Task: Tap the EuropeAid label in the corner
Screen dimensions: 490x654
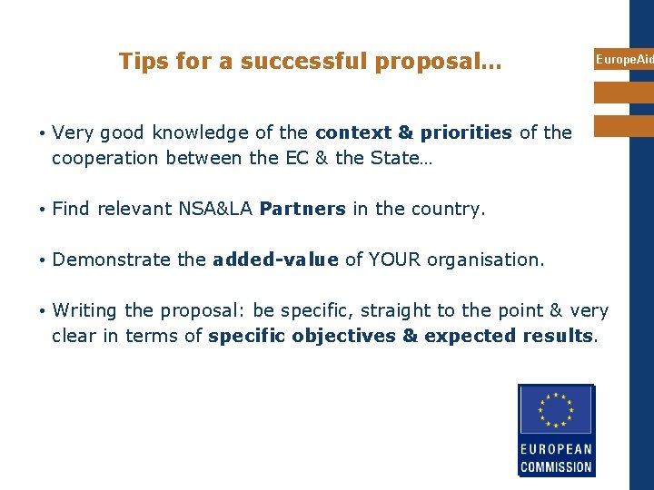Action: click(624, 60)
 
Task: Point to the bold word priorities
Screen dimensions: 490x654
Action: click(466, 133)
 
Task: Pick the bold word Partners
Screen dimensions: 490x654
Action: click(302, 210)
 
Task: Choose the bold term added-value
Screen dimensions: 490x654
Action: click(275, 260)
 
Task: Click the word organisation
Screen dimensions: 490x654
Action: click(483, 260)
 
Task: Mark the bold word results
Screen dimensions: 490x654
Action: click(559, 337)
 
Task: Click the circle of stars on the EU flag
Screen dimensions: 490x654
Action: click(556, 409)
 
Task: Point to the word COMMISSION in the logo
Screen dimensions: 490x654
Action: click(556, 468)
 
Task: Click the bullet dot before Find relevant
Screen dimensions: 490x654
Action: click(43, 210)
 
